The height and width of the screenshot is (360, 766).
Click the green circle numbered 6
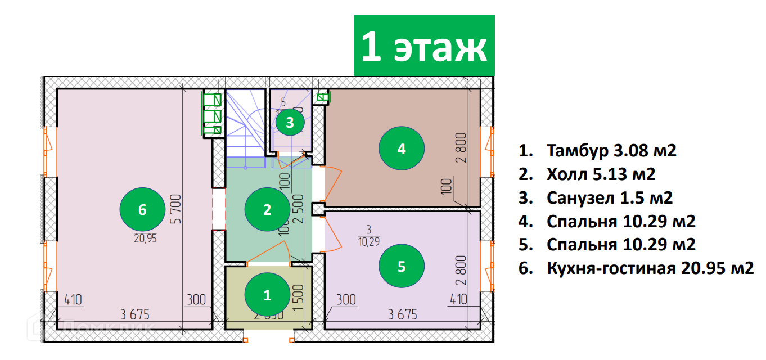click(x=142, y=210)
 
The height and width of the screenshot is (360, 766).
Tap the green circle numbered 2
click(x=267, y=210)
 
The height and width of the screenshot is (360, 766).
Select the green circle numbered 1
click(x=267, y=294)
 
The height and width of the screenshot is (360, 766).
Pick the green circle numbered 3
click(x=289, y=122)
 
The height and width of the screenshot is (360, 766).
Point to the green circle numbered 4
click(x=401, y=149)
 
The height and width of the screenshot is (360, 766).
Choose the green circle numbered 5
click(x=401, y=266)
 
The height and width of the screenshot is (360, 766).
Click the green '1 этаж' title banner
click(x=424, y=46)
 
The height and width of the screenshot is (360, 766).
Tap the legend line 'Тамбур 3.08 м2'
click(x=597, y=151)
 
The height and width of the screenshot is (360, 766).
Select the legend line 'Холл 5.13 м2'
click(x=587, y=174)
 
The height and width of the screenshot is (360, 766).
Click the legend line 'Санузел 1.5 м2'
click(x=596, y=198)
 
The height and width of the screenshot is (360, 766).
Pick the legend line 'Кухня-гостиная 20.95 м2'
click(x=636, y=268)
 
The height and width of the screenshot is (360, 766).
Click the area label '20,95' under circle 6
click(x=145, y=238)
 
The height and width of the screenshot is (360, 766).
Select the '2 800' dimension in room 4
click(x=461, y=147)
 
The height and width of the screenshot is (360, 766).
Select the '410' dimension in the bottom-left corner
click(x=73, y=300)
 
